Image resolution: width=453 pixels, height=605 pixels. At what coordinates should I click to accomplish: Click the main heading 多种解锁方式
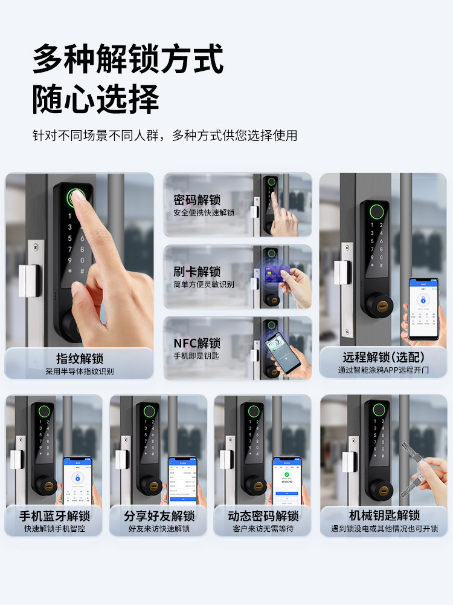128,59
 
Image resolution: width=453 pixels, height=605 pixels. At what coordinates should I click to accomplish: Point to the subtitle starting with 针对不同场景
164,136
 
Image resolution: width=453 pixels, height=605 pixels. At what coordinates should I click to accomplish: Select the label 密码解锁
197,200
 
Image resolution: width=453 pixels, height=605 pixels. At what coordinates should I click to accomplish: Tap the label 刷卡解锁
197,272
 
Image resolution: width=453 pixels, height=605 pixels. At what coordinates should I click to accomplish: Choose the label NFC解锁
197,343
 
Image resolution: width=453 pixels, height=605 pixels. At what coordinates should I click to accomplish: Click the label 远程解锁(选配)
384,357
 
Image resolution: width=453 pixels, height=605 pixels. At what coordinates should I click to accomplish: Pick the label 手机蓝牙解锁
54,516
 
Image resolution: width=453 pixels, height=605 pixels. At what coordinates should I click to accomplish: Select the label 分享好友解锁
159,516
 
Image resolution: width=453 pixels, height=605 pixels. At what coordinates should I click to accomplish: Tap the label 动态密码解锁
263,516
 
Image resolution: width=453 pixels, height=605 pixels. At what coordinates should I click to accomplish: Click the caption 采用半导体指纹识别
80,371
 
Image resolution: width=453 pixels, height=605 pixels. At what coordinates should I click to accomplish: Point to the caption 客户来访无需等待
263,529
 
